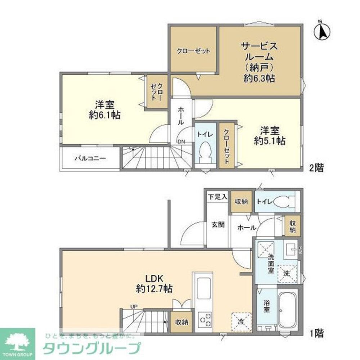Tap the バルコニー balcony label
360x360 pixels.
[x=90, y=158]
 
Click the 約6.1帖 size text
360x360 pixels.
[x=105, y=115]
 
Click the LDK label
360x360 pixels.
[x=154, y=278]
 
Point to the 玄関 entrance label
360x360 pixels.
[x=218, y=225]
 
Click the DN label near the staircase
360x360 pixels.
[x=181, y=142]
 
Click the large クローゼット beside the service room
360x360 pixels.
[x=193, y=51]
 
